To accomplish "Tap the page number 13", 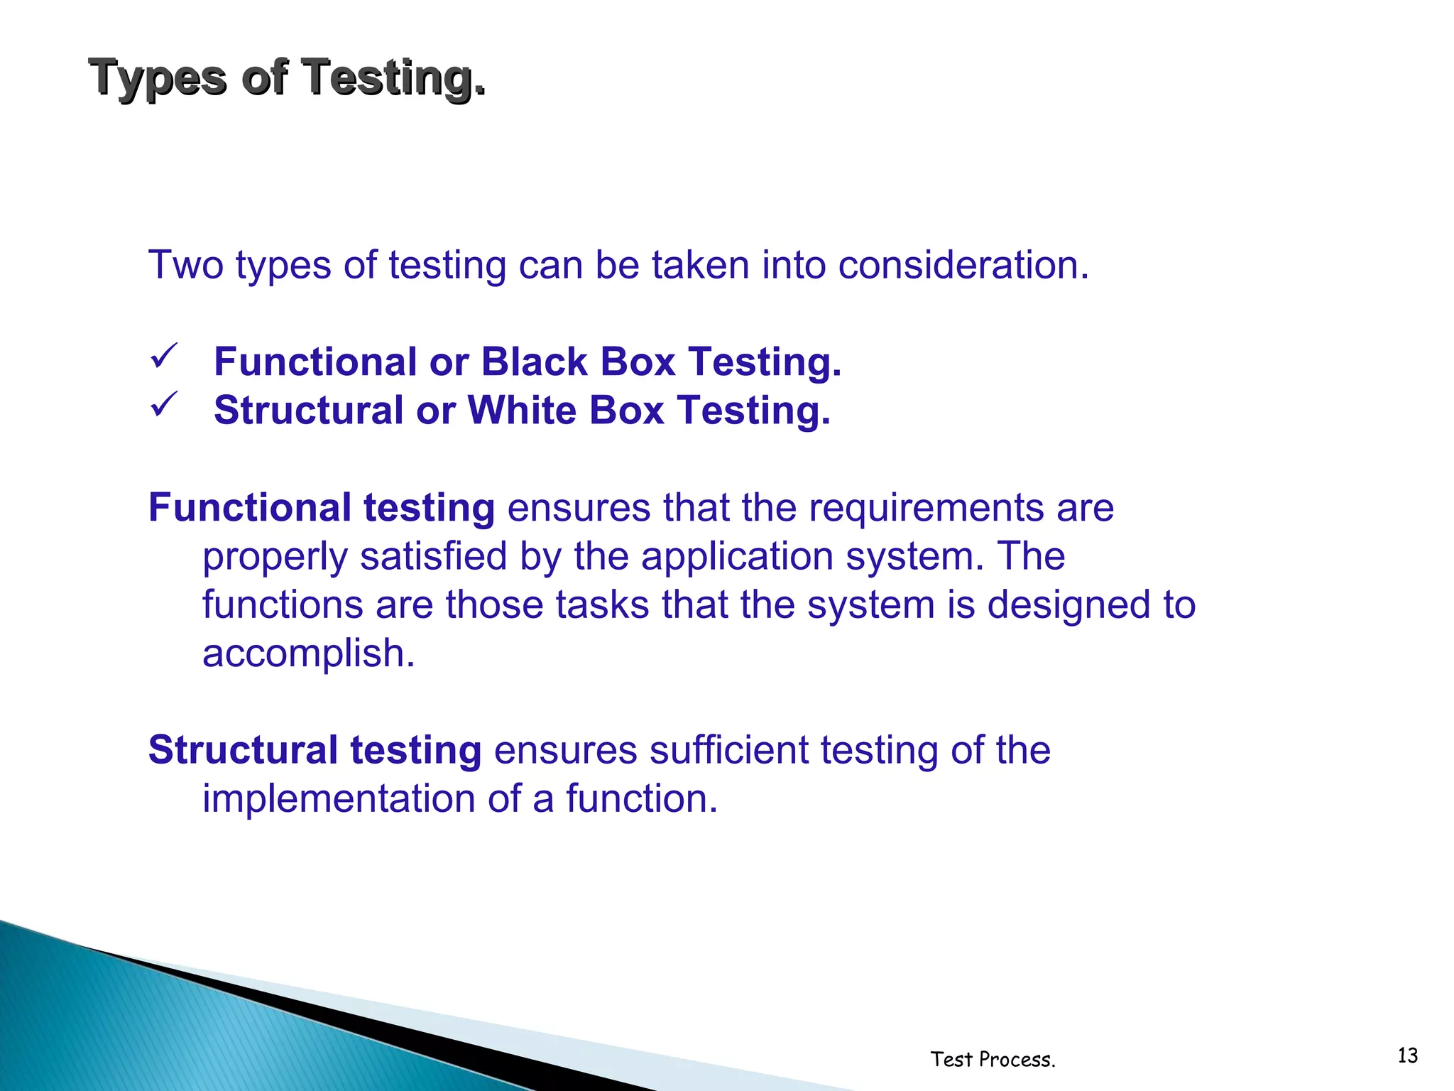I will click(x=1407, y=1055).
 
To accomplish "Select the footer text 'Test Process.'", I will click(x=993, y=1059).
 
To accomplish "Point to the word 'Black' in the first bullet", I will click(x=535, y=362).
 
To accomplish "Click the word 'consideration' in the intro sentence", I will click(x=963, y=265).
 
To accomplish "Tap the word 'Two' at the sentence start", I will click(x=186, y=265).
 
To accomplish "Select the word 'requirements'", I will click(x=926, y=508).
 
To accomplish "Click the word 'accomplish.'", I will click(x=308, y=653).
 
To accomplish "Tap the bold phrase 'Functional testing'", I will click(x=321, y=508).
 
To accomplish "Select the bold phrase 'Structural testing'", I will click(x=315, y=750).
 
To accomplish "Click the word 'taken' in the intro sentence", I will click(x=700, y=265).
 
